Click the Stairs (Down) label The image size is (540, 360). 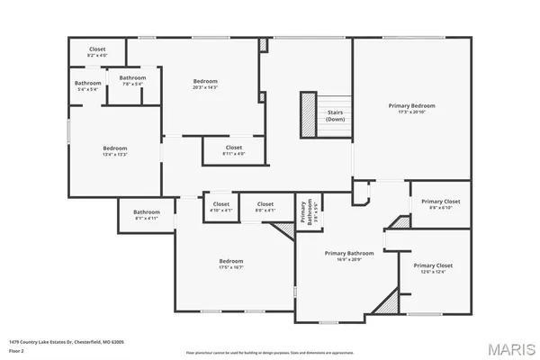click(x=335, y=115)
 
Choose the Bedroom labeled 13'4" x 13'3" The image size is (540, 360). click(x=114, y=150)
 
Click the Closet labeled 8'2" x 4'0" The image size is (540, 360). click(x=97, y=52)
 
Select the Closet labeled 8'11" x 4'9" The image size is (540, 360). click(x=234, y=149)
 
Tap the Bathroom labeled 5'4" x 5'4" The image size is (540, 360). click(x=88, y=86)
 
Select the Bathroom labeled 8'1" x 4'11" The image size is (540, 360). click(x=146, y=215)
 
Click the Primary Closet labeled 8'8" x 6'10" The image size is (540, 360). click(x=440, y=203)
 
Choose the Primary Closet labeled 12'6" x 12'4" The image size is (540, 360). click(x=432, y=268)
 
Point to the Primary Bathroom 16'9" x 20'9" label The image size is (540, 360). click(x=348, y=256)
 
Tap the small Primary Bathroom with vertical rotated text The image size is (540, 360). click(x=306, y=211)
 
